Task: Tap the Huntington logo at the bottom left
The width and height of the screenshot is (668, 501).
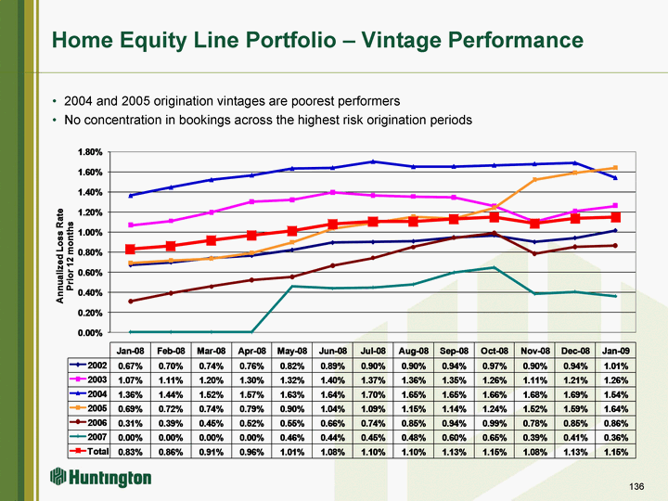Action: click(x=100, y=477)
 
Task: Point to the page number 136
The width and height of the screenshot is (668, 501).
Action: click(x=636, y=486)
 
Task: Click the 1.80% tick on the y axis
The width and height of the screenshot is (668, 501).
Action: click(x=90, y=152)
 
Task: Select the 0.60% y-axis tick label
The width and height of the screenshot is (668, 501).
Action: click(x=90, y=272)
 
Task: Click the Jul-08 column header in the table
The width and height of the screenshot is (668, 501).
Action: click(x=373, y=351)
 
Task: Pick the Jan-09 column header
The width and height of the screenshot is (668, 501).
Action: click(x=615, y=351)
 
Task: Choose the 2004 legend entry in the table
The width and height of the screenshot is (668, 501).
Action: click(x=89, y=394)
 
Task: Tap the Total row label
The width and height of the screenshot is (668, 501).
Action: click(x=89, y=451)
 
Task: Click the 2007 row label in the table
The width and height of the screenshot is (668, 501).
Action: click(x=89, y=437)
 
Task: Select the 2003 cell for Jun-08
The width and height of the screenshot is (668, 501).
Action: click(x=333, y=380)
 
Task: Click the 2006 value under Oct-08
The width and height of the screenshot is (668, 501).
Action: click(x=495, y=423)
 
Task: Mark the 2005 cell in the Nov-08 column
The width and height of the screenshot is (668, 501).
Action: click(x=534, y=409)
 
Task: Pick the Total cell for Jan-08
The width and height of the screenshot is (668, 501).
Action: click(x=131, y=452)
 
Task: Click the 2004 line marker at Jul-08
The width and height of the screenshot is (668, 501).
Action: click(x=373, y=161)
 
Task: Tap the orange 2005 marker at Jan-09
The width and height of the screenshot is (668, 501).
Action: click(x=615, y=168)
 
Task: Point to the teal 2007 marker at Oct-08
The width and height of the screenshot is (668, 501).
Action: click(x=495, y=267)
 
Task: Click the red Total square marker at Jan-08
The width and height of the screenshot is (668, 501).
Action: click(x=131, y=250)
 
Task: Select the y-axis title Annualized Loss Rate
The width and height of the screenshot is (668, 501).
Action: click(x=60, y=256)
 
